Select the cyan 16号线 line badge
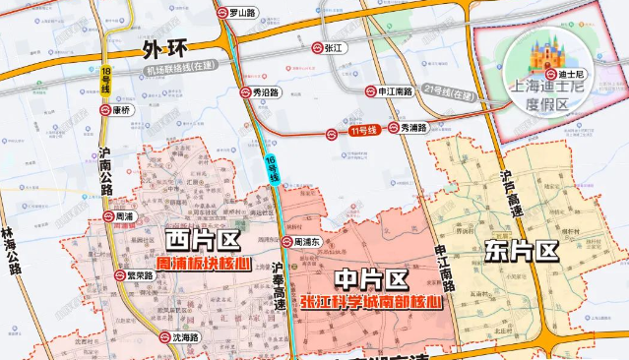click(273, 167)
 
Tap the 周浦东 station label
click(308, 241)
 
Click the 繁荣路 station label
click(139, 275)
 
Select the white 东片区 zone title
click(521, 250)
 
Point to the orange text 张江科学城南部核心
click(371, 301)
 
